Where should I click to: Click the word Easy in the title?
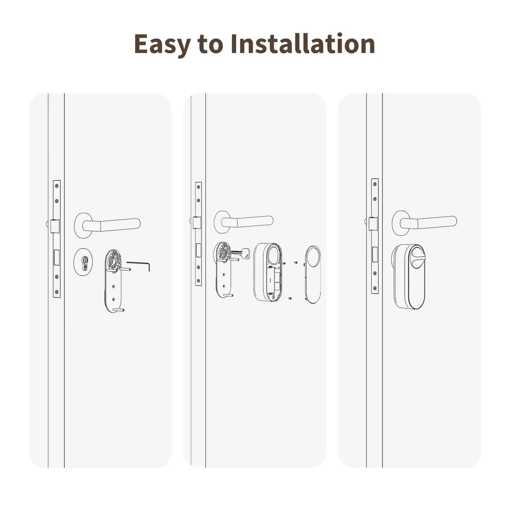162,44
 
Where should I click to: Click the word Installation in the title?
303,44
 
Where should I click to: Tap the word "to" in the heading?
211,44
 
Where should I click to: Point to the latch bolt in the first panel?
54,226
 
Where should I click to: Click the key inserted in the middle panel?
242,253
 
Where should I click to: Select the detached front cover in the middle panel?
313,274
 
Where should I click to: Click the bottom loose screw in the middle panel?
290,299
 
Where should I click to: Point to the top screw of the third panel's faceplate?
375,185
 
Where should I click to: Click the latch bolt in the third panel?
373,224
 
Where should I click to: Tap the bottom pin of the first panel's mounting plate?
119,310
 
